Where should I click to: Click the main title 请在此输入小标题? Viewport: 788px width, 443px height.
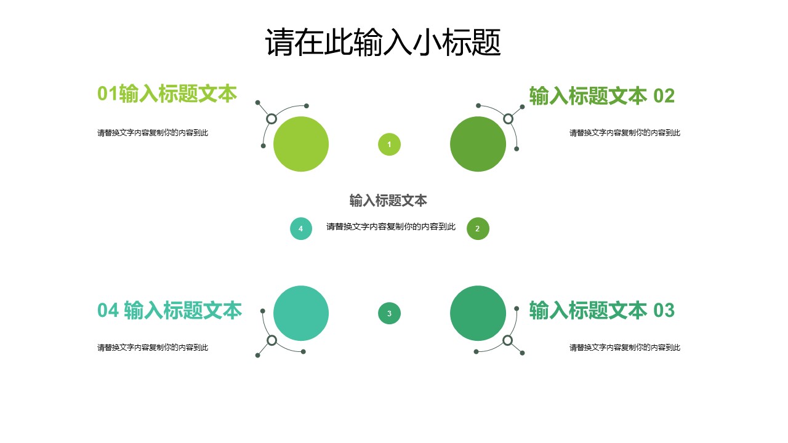pos(383,43)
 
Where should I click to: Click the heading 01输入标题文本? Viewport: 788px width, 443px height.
pos(167,94)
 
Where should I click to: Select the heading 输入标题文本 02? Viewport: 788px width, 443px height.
pos(601,96)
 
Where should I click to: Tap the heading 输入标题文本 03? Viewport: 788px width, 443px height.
pos(601,311)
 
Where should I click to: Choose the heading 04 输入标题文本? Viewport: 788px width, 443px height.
pos(169,311)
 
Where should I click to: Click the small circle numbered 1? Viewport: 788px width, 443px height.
pos(389,145)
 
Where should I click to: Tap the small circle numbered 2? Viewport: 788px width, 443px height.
pos(478,229)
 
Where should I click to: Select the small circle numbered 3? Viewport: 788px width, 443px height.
pos(389,313)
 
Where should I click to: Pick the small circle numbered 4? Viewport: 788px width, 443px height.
pos(301,229)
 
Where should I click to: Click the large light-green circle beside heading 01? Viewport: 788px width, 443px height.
pos(301,144)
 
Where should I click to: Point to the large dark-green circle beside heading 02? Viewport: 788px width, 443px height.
pos(478,144)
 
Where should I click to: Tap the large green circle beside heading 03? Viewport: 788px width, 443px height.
pos(478,313)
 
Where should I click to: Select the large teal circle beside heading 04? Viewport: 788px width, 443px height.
pos(301,313)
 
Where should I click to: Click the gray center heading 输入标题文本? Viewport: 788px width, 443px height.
pos(388,201)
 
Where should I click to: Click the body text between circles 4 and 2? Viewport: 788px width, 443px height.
pos(391,226)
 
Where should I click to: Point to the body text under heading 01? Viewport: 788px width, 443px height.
pos(153,133)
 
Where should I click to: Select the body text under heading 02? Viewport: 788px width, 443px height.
pos(624,133)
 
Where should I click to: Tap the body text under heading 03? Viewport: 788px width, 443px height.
pos(624,348)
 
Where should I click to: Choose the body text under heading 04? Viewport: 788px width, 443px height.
pos(153,348)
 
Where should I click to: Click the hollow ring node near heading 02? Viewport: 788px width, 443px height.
pos(508,119)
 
